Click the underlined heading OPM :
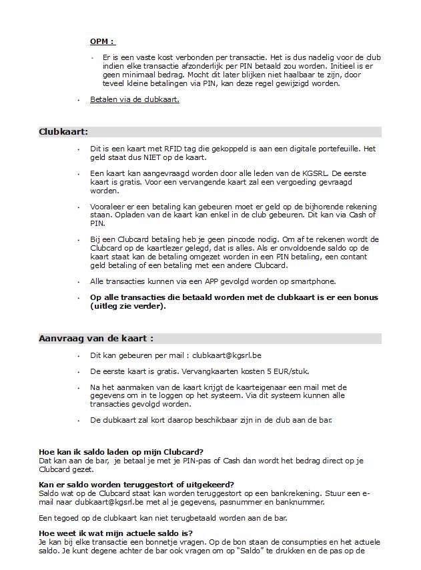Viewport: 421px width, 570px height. pos(101,41)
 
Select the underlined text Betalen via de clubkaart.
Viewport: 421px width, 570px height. pos(135,99)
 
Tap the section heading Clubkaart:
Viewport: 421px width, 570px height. pos(63,132)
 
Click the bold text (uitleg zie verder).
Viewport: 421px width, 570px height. pos(128,306)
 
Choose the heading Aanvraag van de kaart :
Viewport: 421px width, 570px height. pos(96,339)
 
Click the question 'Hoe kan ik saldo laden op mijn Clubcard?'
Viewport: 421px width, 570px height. pos(121,452)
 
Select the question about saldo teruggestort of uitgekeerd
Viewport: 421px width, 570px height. pos(136,484)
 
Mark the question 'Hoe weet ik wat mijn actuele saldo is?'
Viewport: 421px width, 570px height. pos(115,533)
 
